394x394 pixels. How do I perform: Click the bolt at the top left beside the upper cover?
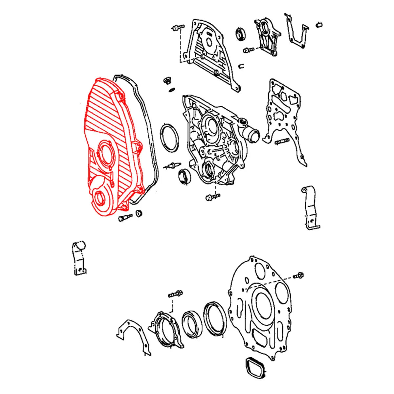pos(178,28)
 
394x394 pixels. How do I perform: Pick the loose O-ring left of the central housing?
pos(169,138)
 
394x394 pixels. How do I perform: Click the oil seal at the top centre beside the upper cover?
pos(242,34)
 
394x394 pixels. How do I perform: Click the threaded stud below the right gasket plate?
pos(282,142)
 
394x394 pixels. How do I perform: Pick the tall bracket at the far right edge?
pos(310,207)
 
